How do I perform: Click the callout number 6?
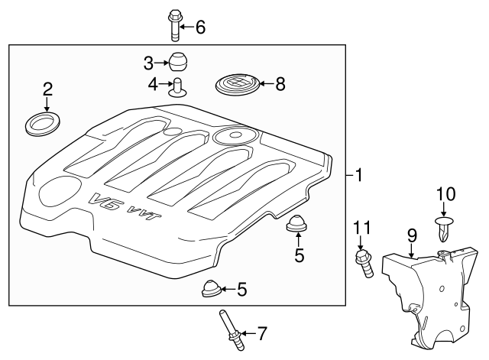tap(200, 28)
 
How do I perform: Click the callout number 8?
tap(280, 84)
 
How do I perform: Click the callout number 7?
tap(262, 332)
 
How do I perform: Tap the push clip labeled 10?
tap(443, 227)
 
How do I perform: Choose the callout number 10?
tap(445, 195)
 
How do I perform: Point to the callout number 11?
tap(363, 227)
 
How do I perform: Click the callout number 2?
tap(47, 89)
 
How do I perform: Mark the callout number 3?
tap(148, 61)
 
